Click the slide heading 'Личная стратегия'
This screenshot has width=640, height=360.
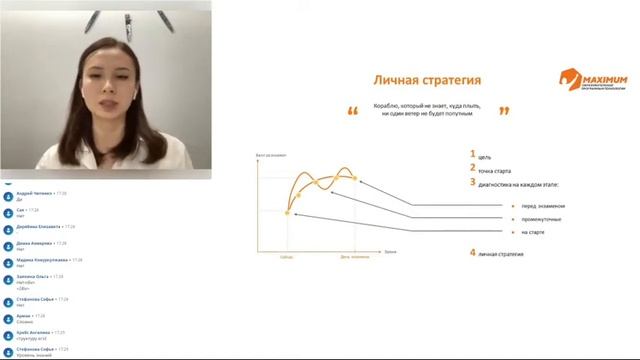427,80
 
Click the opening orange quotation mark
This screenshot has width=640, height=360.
352,111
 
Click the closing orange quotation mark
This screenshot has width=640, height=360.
503,111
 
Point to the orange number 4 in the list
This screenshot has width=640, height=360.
472,253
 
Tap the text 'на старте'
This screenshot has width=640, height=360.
531,233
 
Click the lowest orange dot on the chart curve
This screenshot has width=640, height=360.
286,211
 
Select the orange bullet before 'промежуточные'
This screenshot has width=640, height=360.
513,220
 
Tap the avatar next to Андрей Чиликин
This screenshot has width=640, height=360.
9,195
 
